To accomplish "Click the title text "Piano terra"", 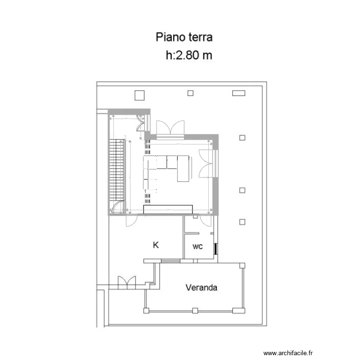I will tap(184, 37).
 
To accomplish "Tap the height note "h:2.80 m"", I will tap(189, 55).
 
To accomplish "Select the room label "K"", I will tap(156, 245).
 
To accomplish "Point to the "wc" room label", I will tap(197, 247).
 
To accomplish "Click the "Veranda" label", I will tap(202, 288).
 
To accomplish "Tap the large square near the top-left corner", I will tap(140, 95).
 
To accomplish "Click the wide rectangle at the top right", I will tap(239, 93).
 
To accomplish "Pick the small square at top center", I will tap(191, 93).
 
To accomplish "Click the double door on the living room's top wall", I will tap(170, 128).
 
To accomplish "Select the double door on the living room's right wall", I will tap(206, 163).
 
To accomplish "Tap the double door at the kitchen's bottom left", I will tap(127, 283).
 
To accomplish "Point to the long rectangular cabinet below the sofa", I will tap(168, 209).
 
